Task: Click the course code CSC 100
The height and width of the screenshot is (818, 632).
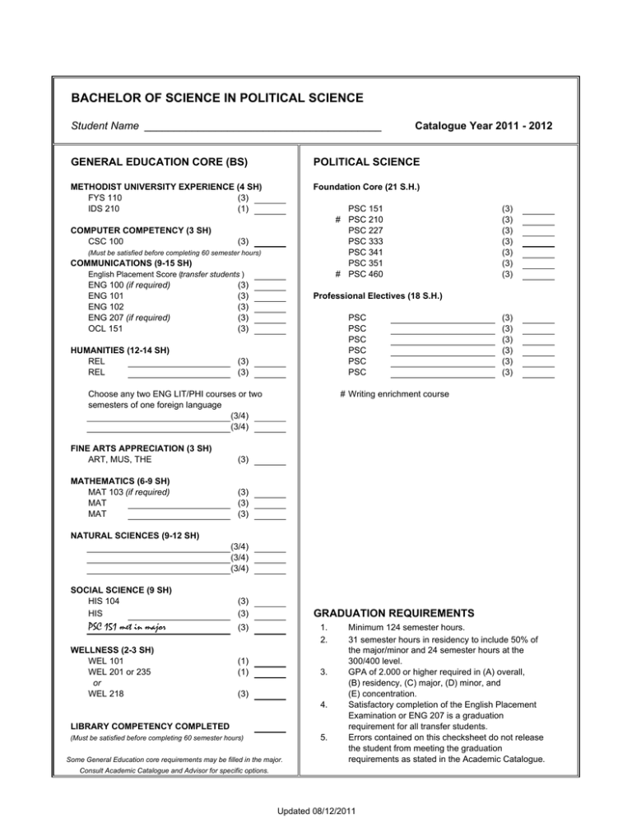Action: click(106, 241)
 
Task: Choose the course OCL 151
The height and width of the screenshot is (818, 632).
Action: click(106, 328)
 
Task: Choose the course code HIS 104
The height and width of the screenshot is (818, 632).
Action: click(103, 602)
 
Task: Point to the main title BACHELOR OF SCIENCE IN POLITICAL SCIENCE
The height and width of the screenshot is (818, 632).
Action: click(217, 98)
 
